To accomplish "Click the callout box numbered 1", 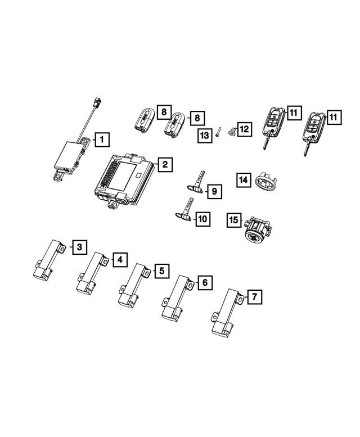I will (102, 138).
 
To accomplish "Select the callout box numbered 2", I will (164, 164).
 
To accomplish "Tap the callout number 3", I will (80, 246).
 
